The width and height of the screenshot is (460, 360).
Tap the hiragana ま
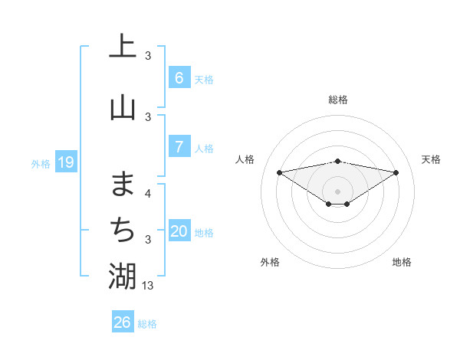[x=123, y=184]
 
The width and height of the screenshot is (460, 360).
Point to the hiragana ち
[x=123, y=229]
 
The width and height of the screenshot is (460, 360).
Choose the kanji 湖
[x=123, y=276]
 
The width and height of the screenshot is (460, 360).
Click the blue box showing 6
[x=179, y=77]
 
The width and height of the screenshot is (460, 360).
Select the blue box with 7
[x=179, y=146]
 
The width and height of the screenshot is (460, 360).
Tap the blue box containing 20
[x=179, y=231]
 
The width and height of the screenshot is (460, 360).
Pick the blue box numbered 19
[x=65, y=162]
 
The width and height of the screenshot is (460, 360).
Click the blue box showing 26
[x=122, y=322]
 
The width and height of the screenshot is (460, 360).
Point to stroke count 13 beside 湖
[x=149, y=285]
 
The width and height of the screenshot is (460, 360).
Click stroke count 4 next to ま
[x=148, y=193]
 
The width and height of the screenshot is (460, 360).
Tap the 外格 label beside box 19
[x=41, y=163]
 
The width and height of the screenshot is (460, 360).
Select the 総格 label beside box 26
[x=147, y=324]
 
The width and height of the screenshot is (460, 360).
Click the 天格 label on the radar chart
[x=431, y=159]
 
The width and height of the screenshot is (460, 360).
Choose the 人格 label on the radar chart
[x=245, y=159]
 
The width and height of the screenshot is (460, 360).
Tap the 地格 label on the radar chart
[x=402, y=262]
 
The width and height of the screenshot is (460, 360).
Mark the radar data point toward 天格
[x=396, y=172]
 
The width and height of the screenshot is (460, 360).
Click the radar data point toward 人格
[x=279, y=172]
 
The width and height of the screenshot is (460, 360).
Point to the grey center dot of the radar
[x=337, y=191]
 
